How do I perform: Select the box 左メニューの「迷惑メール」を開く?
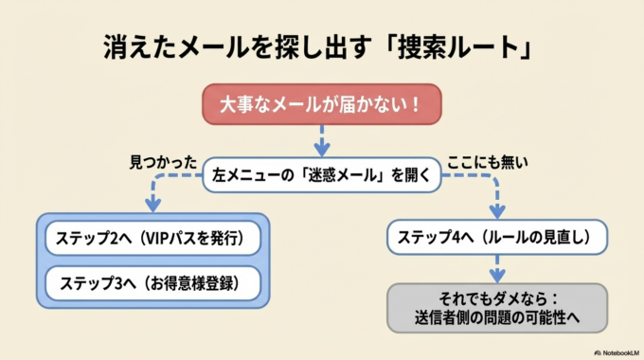coord(322,174)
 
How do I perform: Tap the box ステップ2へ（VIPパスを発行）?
coord(153,238)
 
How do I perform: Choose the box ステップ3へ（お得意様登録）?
coord(153,282)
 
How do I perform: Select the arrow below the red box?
coord(321,140)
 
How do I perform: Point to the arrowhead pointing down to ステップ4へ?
coord(496,210)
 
